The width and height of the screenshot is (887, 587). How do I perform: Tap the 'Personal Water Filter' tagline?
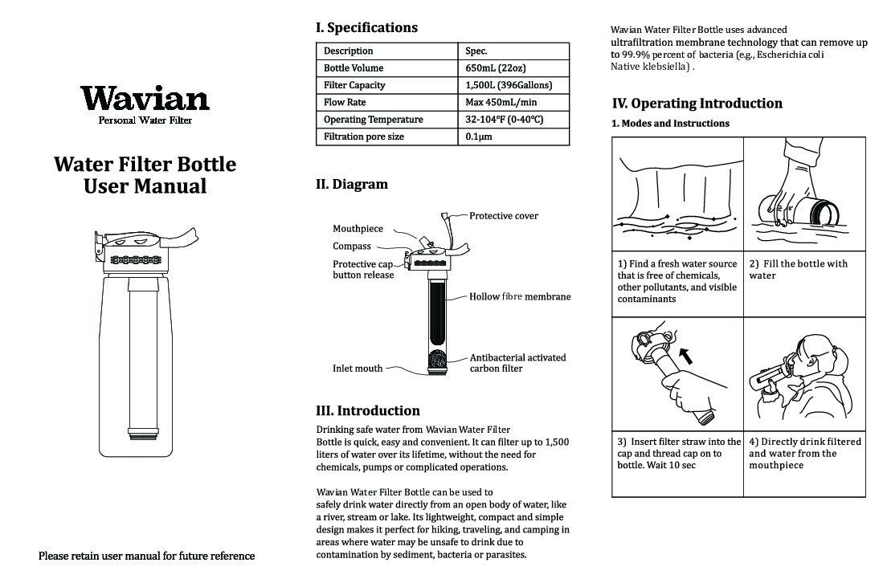point(145,120)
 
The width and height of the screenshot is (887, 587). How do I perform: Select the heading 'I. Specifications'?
point(366,27)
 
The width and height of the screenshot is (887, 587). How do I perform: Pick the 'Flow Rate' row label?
point(345,102)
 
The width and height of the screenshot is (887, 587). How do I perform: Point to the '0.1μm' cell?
point(479,137)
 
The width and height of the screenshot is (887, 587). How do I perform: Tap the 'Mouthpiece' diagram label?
point(358,229)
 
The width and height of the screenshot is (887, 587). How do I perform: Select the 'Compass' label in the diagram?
point(352,247)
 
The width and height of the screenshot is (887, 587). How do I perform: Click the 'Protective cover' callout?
point(504,215)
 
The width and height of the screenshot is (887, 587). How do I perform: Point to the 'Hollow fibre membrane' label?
point(520,296)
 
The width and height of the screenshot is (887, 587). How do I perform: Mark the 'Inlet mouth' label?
point(358,369)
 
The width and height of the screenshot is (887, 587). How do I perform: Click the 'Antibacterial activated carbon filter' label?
point(517,363)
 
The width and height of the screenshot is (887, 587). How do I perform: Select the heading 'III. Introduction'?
point(368,410)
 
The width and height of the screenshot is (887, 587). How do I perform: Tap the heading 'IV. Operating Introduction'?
point(697,103)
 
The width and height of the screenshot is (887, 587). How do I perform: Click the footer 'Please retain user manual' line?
point(147,556)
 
